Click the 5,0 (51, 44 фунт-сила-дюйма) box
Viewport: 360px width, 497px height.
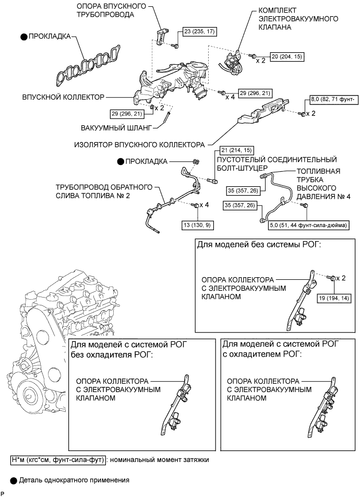tap(309, 225)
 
